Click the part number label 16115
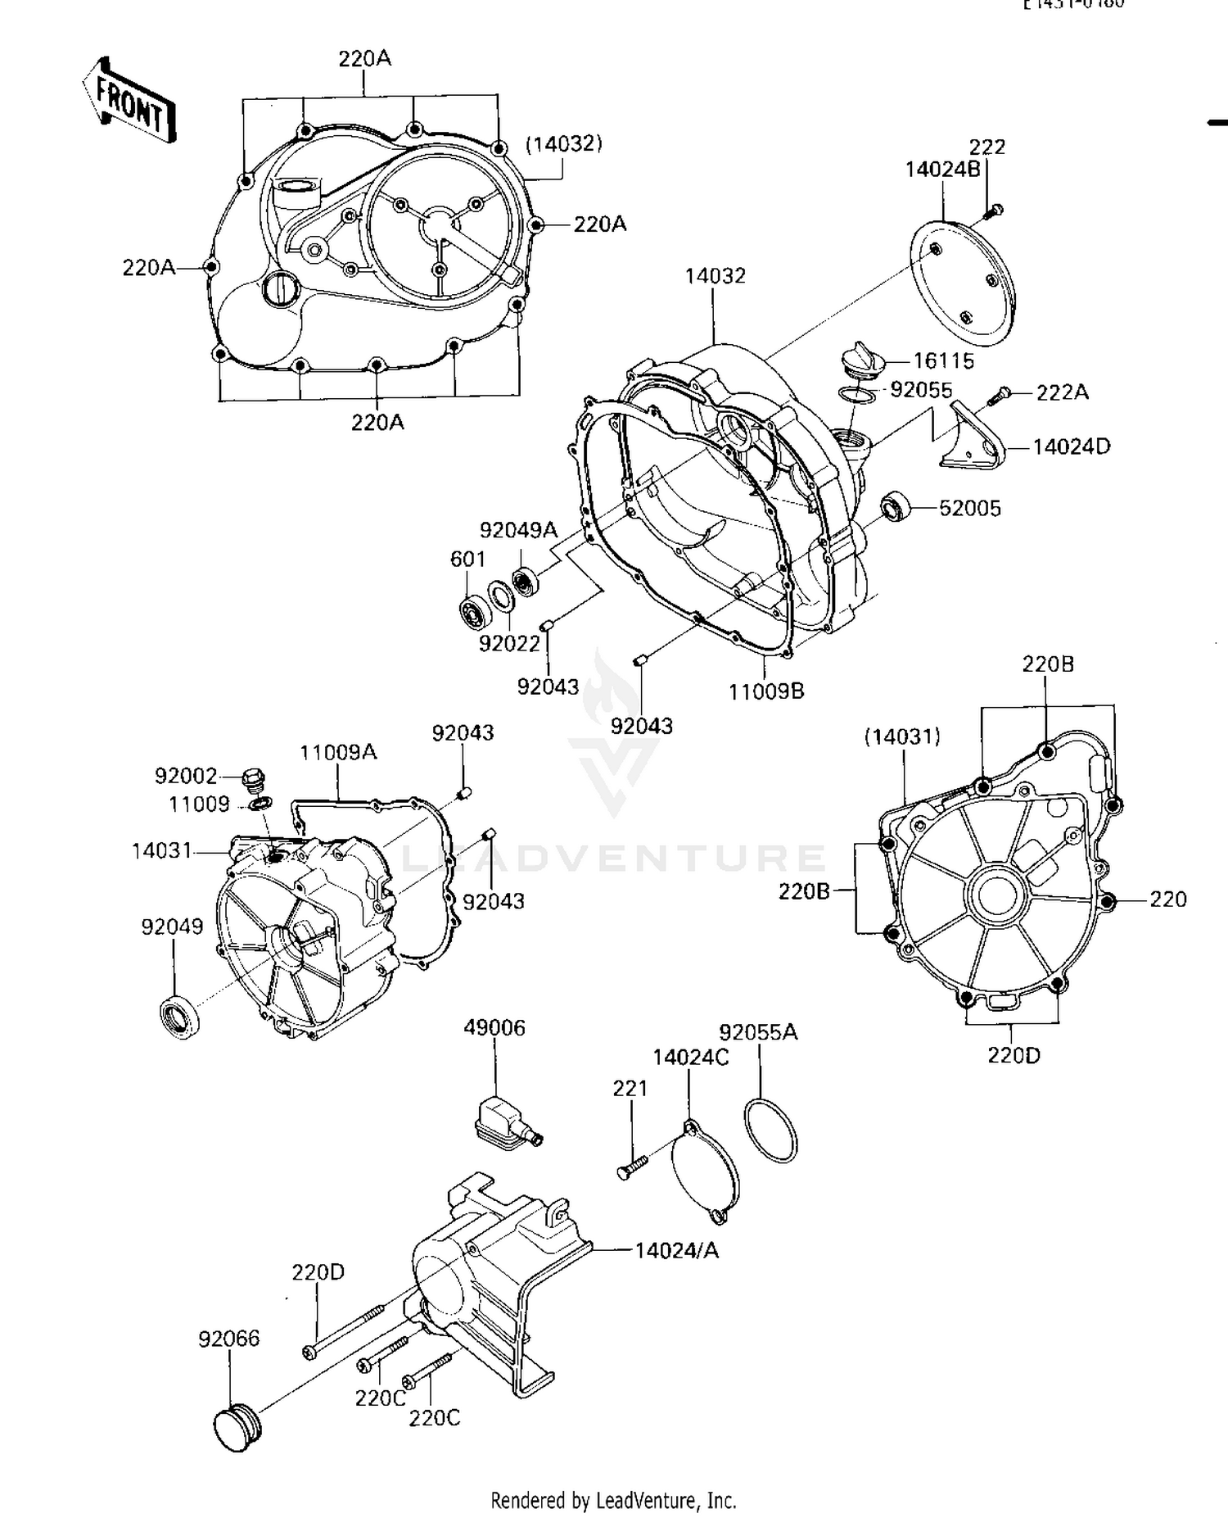point(943,360)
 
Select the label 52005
point(969,509)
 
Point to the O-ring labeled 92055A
point(770,1131)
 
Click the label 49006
point(494,1027)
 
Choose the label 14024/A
point(677,1250)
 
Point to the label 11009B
point(766,691)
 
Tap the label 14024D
point(1071,447)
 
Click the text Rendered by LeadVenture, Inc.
point(613,1501)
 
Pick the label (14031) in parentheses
point(902,736)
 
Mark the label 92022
point(509,644)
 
